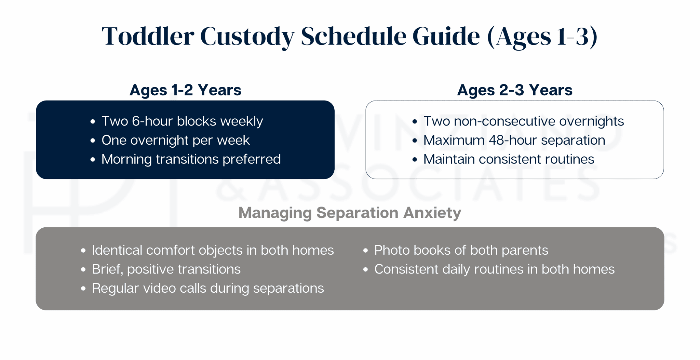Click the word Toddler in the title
click(x=148, y=36)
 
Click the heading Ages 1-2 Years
click(x=185, y=90)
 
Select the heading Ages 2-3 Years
click(x=514, y=90)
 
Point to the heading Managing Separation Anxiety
click(x=349, y=213)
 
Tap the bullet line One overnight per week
click(x=175, y=141)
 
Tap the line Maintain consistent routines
click(x=509, y=160)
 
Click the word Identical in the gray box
click(x=117, y=251)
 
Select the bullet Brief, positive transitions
click(x=166, y=269)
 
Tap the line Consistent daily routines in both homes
click(x=494, y=269)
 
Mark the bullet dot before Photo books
click(x=365, y=251)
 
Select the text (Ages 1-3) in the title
click(x=542, y=36)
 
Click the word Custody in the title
click(x=247, y=36)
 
